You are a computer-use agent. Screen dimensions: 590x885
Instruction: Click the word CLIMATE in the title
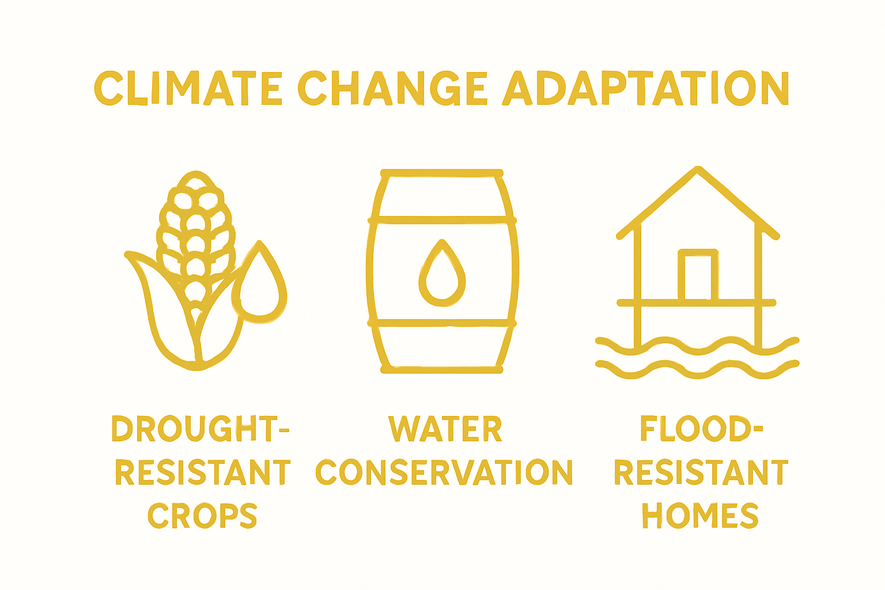coord(188,89)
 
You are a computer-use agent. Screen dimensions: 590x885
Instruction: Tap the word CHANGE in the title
coord(392,89)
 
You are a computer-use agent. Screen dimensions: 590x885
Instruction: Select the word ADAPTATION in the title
coord(645,89)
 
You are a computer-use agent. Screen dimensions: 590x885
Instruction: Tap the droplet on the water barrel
coord(442,275)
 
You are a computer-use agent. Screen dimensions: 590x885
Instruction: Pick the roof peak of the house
coord(698,171)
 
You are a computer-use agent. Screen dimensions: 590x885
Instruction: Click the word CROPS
coord(202,516)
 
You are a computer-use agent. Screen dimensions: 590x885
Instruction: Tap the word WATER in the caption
coord(445,429)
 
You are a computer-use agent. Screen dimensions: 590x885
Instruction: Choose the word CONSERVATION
coord(444,472)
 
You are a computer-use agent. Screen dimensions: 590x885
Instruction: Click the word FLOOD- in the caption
coord(701,429)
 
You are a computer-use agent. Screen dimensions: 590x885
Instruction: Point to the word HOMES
coord(700,516)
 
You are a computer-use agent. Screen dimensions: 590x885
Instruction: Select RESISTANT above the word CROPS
coord(202,472)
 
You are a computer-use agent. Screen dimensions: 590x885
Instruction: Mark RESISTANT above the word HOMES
coord(701,472)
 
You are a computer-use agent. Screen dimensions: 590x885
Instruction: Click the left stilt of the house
coord(637,323)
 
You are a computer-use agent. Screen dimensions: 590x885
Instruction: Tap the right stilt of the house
coord(759,323)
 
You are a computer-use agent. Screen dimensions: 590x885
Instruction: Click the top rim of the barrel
coord(442,173)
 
